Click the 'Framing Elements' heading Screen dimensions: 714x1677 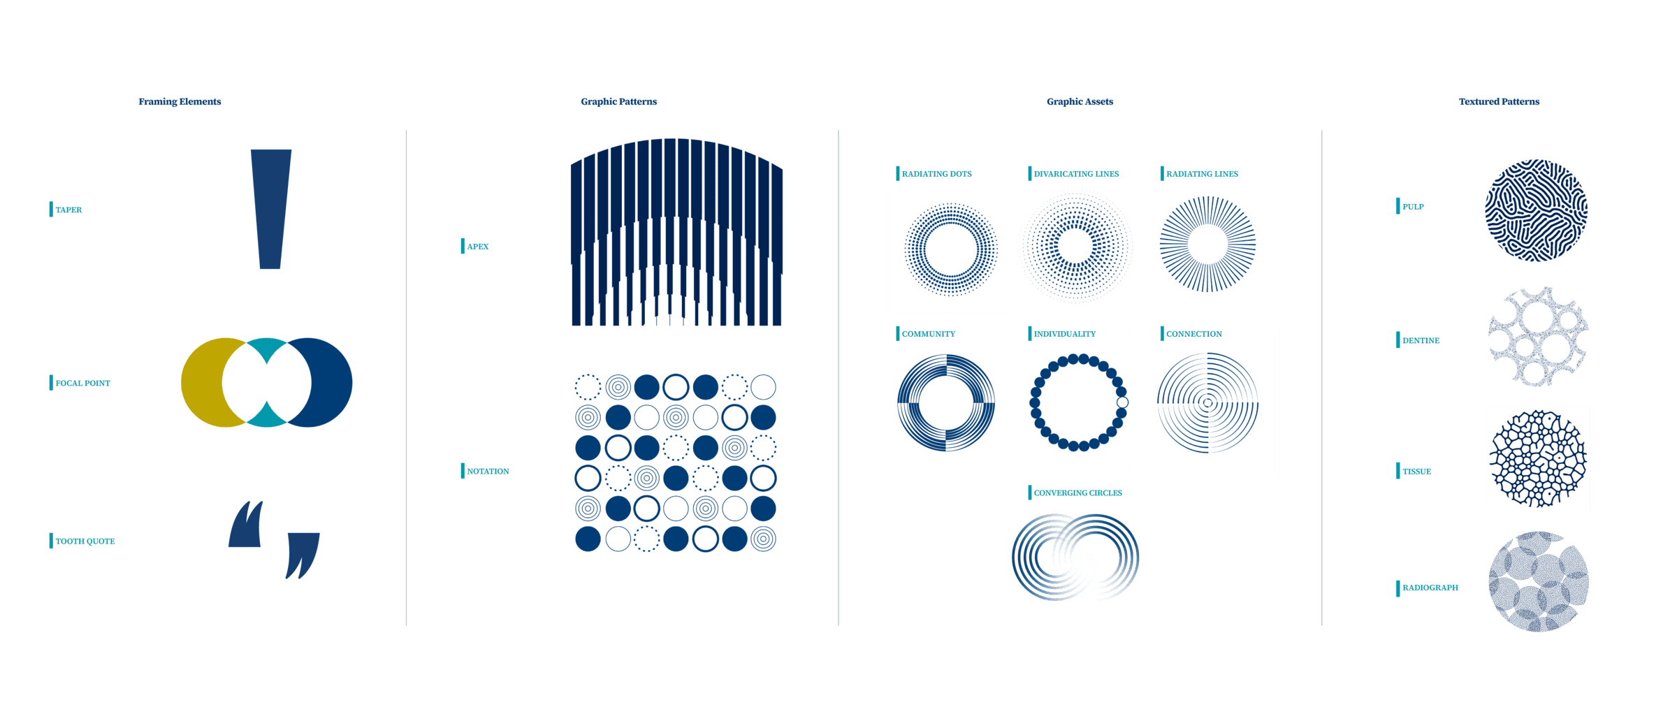pos(180,102)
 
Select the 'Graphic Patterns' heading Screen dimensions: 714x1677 pos(618,102)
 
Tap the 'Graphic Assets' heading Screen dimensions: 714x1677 pos(1080,102)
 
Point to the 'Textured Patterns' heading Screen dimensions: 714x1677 pos(1499,102)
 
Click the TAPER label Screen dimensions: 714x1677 pos(68,210)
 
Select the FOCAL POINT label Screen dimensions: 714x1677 pos(82,383)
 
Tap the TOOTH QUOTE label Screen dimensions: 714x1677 pos(85,541)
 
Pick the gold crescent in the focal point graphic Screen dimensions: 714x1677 pos(203,383)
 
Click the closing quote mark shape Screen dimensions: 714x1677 pos(303,552)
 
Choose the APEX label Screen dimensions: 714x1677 pos(477,246)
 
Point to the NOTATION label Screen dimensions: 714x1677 pos(488,472)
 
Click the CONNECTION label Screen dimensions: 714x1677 pos(1193,334)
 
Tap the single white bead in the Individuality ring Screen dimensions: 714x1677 pos(1122,402)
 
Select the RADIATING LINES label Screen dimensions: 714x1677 pos(1202,173)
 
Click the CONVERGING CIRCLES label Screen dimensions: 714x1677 pos(1077,493)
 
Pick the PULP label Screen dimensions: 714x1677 pos(1413,207)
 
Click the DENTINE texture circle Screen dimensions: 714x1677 pos(1537,336)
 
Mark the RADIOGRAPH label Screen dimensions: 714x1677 pos(1430,588)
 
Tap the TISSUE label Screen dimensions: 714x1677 pos(1416,472)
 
